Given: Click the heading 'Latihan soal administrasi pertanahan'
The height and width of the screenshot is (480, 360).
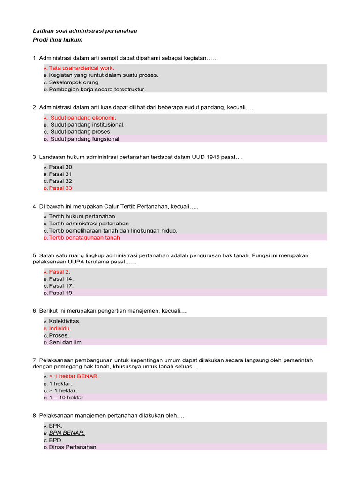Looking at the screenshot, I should coord(85,31).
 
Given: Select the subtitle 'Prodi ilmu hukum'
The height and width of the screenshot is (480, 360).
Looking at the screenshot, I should coord(58,40).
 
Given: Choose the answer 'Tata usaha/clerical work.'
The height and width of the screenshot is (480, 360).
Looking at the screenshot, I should coord(82,68).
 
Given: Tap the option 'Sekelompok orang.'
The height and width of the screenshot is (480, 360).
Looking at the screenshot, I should coord(75,82).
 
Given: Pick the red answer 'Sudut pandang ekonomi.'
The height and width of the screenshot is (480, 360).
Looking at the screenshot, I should coord(83,118).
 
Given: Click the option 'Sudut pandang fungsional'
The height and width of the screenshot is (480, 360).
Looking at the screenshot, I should coord(85,139).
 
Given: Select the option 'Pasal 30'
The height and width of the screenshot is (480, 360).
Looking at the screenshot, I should coord(60,167).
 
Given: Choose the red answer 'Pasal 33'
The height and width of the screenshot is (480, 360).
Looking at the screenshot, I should coord(60,188).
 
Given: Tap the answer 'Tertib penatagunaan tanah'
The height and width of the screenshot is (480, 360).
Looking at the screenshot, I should coord(84,238).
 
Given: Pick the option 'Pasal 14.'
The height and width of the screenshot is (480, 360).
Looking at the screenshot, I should coord(61,279).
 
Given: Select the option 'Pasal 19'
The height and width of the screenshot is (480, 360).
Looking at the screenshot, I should coord(60,293).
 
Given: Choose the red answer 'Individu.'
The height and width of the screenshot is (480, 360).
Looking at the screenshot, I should coord(60,328).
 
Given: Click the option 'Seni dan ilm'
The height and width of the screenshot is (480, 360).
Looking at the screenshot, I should coord(65,342).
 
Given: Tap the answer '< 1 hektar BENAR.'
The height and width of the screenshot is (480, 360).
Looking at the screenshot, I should coord(74,376).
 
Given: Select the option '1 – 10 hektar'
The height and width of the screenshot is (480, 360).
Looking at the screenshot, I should coord(66,397).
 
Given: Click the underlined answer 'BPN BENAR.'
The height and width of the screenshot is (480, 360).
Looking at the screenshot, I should coord(67,433).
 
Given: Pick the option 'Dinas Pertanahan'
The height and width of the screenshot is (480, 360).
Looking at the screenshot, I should coord(73,447).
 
